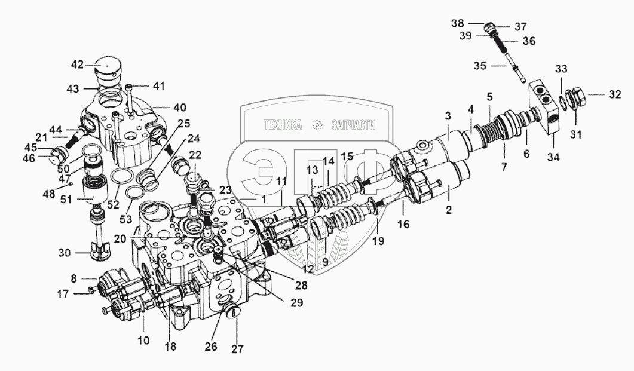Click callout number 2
[x=449, y=210]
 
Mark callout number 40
[x=179, y=108]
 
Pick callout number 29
[x=296, y=302]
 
